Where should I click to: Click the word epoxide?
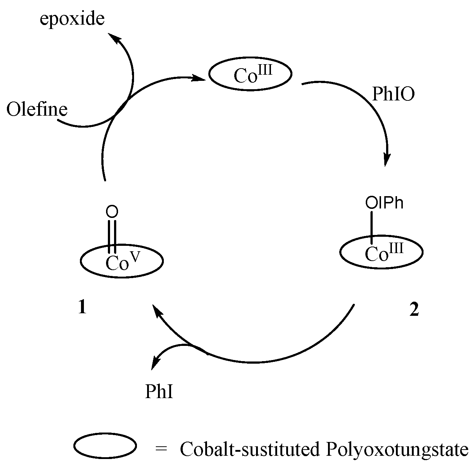pyautogui.click(x=72, y=19)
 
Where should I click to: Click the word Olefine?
pyautogui.click(x=37, y=109)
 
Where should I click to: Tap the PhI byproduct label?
pyautogui.click(x=159, y=392)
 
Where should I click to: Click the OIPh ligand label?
pyautogui.click(x=384, y=203)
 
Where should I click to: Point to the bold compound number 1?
pyautogui.click(x=82, y=308)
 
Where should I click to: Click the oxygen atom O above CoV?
pyautogui.click(x=113, y=212)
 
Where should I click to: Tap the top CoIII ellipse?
pyautogui.click(x=250, y=74)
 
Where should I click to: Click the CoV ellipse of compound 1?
pyautogui.click(x=122, y=261)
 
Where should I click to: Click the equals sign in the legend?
pyautogui.click(x=161, y=449)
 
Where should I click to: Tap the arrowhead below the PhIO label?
pyautogui.click(x=387, y=160)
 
